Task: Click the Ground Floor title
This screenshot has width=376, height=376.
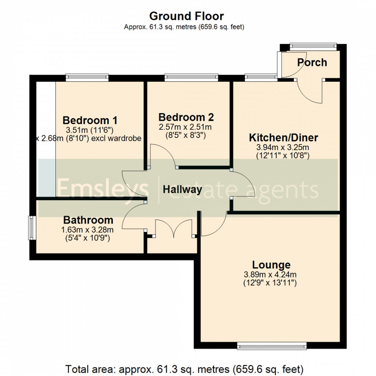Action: (x=186, y=16)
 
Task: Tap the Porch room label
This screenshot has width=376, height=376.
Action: (x=312, y=63)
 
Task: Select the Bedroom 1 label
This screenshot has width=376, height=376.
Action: (x=90, y=120)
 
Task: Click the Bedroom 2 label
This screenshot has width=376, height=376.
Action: (x=186, y=117)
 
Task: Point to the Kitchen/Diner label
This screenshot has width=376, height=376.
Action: (x=283, y=138)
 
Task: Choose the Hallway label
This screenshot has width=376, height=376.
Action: (x=182, y=190)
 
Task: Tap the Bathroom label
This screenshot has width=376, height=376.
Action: (x=88, y=220)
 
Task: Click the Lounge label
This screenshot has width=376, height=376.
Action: (x=271, y=265)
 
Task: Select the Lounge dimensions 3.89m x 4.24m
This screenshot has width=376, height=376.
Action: (x=270, y=275)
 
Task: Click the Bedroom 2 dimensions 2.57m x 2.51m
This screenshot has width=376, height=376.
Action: (x=185, y=127)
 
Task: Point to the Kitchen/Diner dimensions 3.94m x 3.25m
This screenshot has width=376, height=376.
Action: (x=283, y=148)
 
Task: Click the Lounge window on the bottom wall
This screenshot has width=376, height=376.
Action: (x=272, y=346)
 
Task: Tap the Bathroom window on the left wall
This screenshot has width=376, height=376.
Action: (x=32, y=227)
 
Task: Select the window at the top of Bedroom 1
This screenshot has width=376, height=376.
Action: (x=87, y=77)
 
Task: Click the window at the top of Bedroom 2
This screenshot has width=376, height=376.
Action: (x=191, y=77)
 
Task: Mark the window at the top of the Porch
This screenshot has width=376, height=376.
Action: (x=313, y=46)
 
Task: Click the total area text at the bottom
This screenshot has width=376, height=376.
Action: (x=184, y=369)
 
